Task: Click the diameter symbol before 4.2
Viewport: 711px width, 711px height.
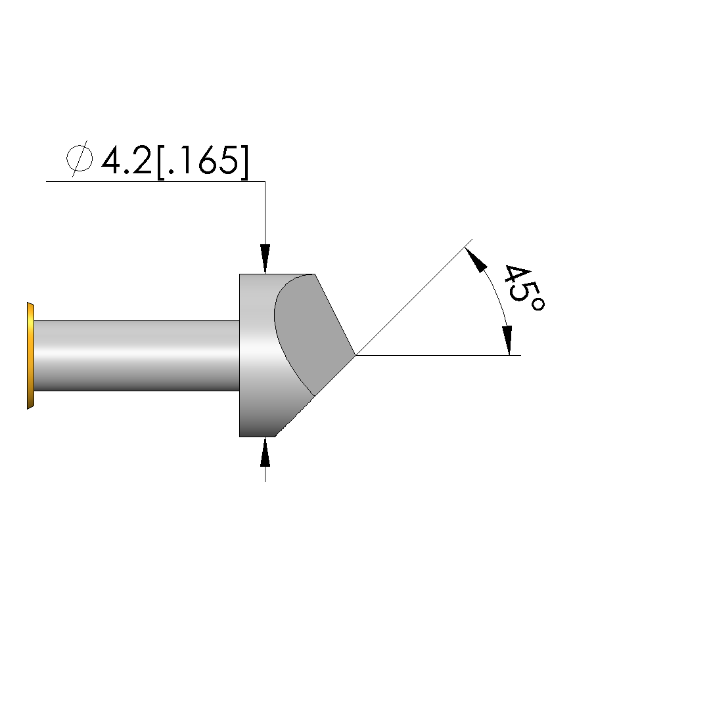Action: pos(80,159)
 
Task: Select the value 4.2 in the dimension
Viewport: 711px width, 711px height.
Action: pos(126,160)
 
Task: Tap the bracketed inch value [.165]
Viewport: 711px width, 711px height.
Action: pos(202,162)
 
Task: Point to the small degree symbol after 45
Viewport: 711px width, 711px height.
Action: pos(538,304)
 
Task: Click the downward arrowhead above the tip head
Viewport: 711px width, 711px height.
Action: pos(265,259)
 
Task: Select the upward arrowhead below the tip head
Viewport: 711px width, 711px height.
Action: pos(265,452)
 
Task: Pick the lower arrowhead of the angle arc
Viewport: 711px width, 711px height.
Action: pos(508,340)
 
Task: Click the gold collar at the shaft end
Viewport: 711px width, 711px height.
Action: pos(30,356)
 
